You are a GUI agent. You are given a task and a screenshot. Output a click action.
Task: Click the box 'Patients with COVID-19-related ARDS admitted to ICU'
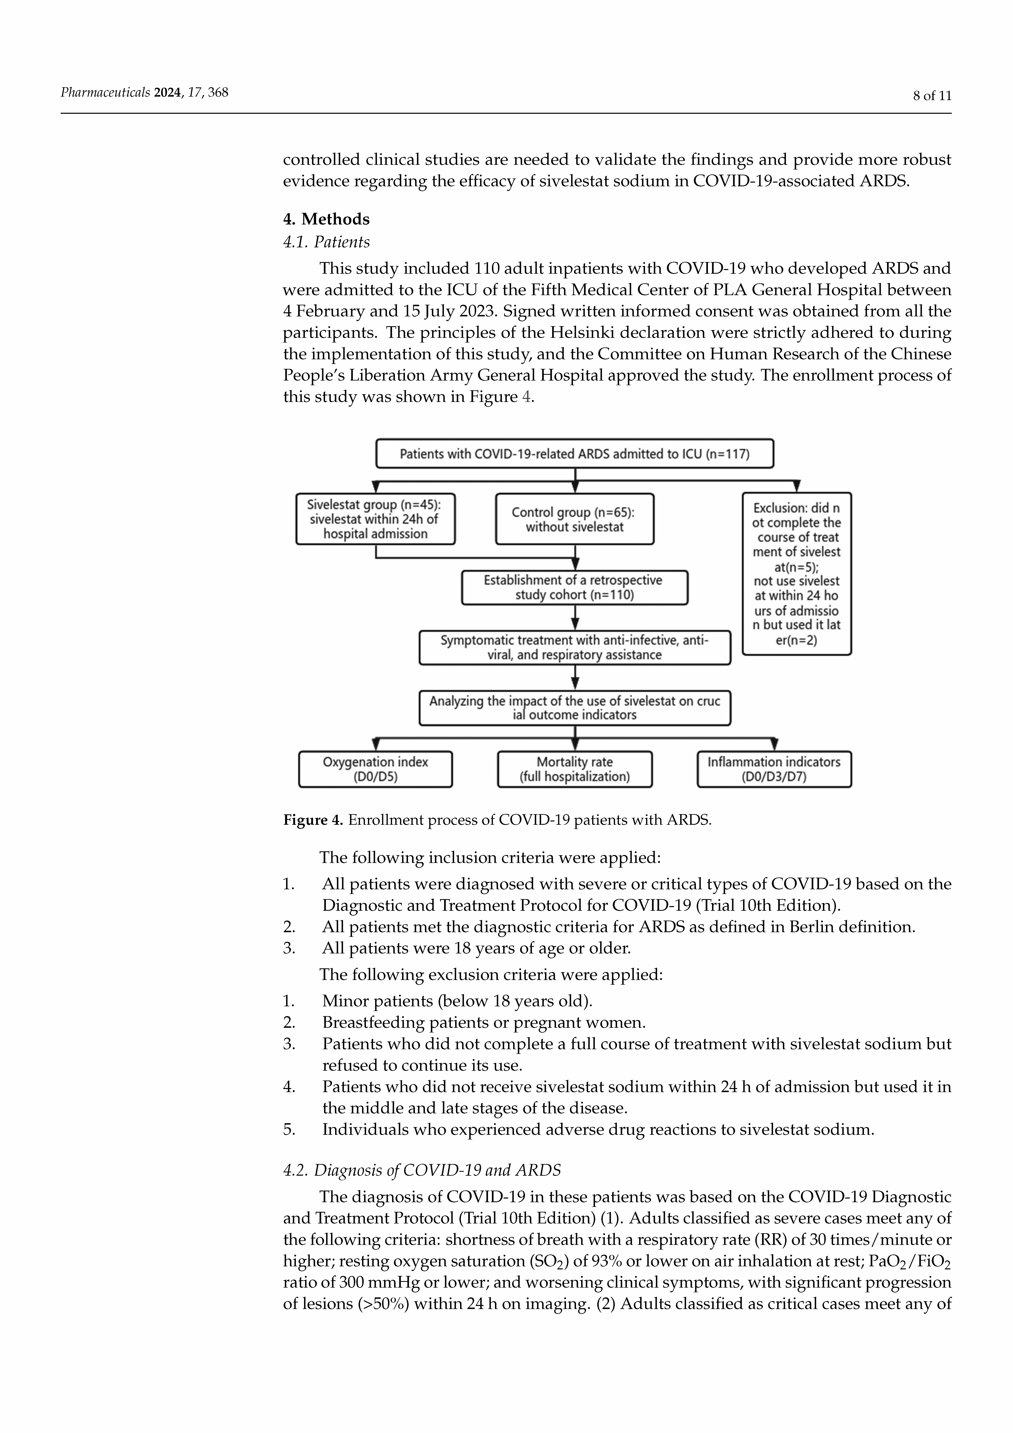(x=574, y=454)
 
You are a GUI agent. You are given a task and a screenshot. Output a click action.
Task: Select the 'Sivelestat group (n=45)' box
(x=375, y=519)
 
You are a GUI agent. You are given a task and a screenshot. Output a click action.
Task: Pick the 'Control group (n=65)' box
(x=574, y=519)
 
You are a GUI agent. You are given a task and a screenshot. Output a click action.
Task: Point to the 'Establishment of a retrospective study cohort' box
(x=574, y=587)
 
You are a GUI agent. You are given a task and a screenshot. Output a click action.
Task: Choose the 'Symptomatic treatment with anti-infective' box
(x=574, y=647)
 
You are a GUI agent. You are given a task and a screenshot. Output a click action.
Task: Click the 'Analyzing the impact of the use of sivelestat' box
(x=574, y=708)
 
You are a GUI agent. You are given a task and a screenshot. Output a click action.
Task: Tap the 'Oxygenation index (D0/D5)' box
(x=375, y=769)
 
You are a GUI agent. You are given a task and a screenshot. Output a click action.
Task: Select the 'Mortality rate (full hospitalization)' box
(x=574, y=769)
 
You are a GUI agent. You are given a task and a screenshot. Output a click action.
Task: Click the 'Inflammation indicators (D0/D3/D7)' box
(x=774, y=769)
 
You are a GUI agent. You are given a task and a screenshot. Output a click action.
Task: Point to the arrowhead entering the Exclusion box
(x=796, y=487)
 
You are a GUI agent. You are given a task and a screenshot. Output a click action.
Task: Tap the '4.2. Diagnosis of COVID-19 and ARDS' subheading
(x=422, y=1170)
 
